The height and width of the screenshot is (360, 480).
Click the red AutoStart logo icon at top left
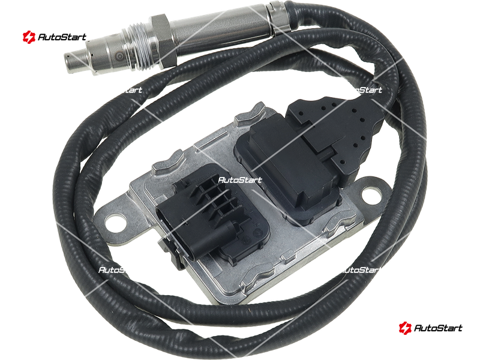(29, 37)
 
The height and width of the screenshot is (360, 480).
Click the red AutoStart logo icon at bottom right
(405, 328)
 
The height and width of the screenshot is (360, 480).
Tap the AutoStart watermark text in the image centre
(240, 180)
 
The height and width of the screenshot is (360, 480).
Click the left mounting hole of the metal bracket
(114, 221)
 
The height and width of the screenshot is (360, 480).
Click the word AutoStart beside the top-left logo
(62, 37)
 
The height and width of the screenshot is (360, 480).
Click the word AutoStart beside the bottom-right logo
(438, 328)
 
